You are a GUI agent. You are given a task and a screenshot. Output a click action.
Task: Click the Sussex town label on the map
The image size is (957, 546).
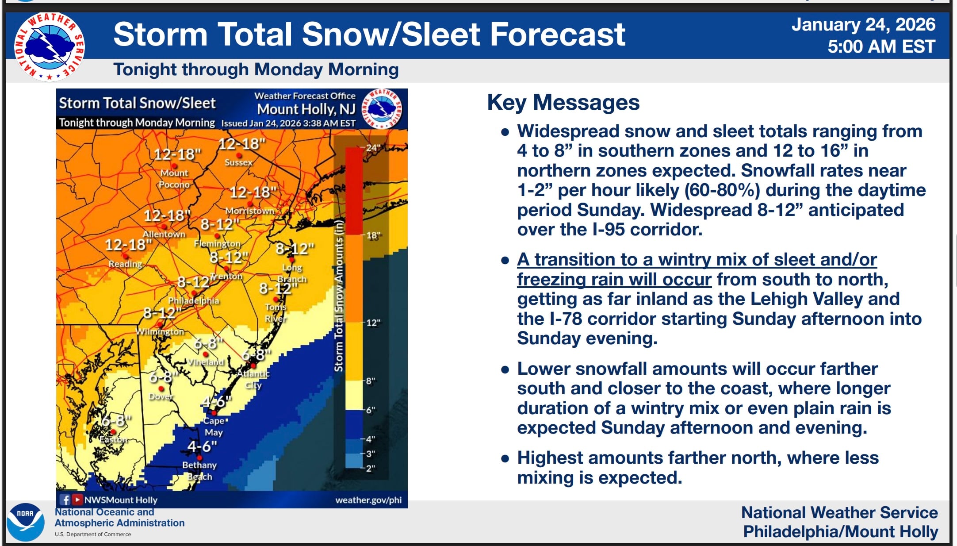pyautogui.click(x=238, y=162)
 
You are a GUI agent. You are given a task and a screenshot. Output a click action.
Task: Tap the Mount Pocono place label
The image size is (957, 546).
pyautogui.click(x=174, y=179)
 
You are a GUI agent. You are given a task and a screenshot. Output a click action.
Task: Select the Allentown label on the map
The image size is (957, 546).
pyautogui.click(x=164, y=234)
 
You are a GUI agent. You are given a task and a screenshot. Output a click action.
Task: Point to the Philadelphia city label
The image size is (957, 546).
pyautogui.click(x=193, y=300)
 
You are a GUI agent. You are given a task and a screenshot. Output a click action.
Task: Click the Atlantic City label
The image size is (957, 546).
pyautogui.click(x=253, y=379)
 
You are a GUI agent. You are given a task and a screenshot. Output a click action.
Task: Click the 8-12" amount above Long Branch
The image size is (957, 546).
pyautogui.click(x=295, y=249)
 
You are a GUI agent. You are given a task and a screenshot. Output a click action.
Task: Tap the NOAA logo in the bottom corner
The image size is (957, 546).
pyautogui.click(x=26, y=522)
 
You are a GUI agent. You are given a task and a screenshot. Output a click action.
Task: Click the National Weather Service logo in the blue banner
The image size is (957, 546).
pyautogui.click(x=49, y=46)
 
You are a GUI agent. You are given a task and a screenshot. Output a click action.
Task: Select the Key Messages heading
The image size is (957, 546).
pyautogui.click(x=563, y=103)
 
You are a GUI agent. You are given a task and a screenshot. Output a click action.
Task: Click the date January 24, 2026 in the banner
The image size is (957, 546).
pyautogui.click(x=863, y=25)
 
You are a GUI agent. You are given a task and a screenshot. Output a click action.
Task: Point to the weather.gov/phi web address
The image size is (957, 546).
pyautogui.click(x=368, y=500)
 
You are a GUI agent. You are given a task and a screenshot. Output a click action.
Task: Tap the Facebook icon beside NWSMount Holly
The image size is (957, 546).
pyautogui.click(x=65, y=500)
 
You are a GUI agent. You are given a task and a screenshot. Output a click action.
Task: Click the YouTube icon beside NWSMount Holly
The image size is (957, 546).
pyautogui.click(x=77, y=500)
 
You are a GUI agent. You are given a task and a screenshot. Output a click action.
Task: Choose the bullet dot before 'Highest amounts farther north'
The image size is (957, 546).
pyautogui.click(x=505, y=458)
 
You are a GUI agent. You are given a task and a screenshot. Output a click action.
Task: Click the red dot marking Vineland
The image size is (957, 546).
pyautogui.click(x=205, y=354)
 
